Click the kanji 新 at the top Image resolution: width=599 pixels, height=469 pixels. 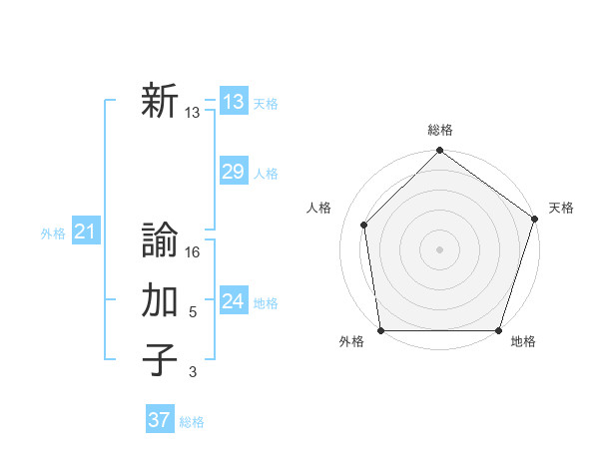(160, 102)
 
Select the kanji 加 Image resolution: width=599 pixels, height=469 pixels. (160, 300)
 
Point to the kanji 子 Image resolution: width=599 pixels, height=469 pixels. (160, 360)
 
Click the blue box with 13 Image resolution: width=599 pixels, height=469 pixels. (233, 102)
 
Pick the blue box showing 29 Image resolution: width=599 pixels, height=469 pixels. (233, 172)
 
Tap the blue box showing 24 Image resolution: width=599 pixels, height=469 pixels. (233, 301)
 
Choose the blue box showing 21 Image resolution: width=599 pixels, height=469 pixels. (85, 233)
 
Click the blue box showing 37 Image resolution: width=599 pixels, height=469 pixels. (159, 420)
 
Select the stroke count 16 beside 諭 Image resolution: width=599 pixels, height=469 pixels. (194, 252)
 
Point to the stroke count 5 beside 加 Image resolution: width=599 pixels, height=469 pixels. (193, 312)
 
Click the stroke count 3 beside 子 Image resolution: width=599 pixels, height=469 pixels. (193, 372)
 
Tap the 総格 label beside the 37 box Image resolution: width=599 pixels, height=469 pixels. (192, 422)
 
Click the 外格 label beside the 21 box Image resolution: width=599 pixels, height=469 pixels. (53, 234)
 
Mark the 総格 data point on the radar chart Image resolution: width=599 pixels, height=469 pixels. (439, 153)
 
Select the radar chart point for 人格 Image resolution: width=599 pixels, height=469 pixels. (364, 225)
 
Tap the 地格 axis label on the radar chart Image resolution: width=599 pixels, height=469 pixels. (523, 342)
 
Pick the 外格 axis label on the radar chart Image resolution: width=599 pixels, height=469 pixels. (351, 342)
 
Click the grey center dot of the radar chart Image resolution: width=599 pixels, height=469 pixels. (439, 248)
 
